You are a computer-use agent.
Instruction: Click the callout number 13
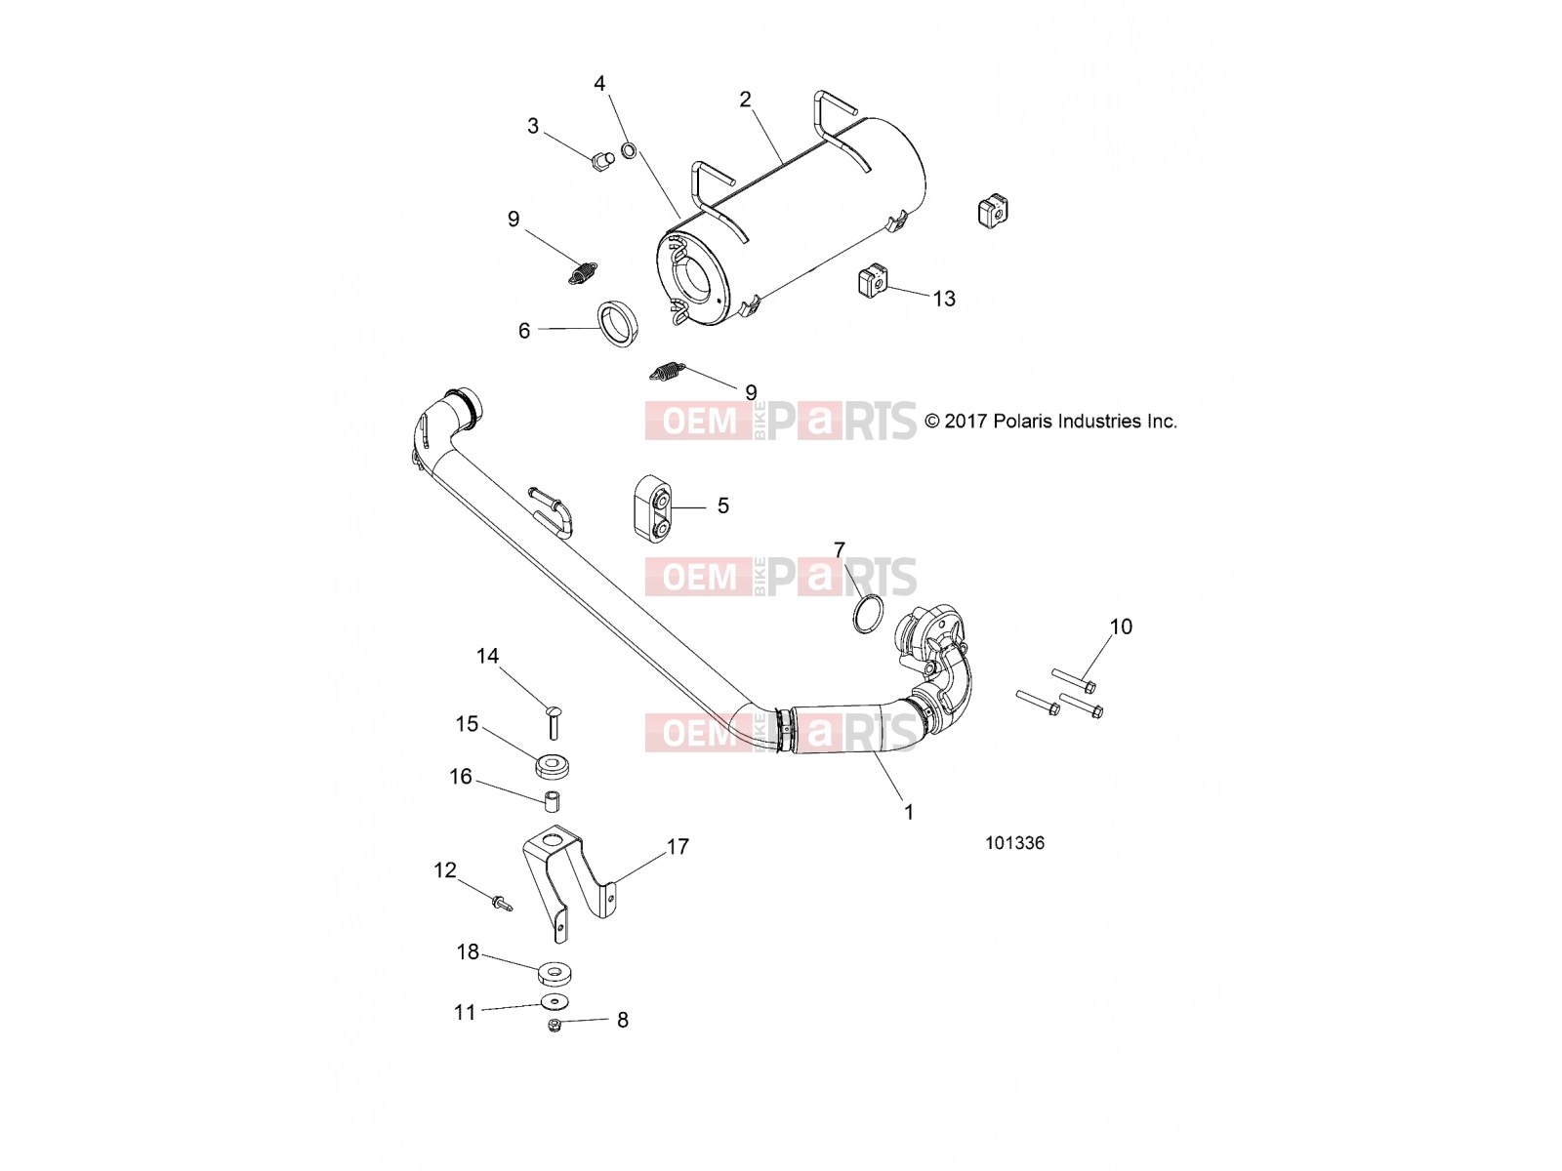coord(944,299)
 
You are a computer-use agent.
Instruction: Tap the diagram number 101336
coord(1014,843)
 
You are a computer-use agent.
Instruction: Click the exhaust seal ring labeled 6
coord(616,324)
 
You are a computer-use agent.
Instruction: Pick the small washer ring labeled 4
coord(629,150)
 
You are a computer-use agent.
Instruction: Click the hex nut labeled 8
coord(555,1026)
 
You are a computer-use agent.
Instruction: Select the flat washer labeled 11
coord(555,1002)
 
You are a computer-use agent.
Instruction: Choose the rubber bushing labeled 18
coord(555,973)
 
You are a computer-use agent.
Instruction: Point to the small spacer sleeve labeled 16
coord(553,800)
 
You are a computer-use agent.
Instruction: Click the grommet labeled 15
coord(553,767)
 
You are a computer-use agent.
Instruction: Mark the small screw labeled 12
coord(501,905)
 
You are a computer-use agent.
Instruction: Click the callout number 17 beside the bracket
coord(678,847)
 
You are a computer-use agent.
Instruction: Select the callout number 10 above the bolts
coord(1121,626)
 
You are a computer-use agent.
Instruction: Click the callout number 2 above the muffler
coord(745,100)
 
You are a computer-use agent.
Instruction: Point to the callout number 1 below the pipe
coord(909,812)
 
